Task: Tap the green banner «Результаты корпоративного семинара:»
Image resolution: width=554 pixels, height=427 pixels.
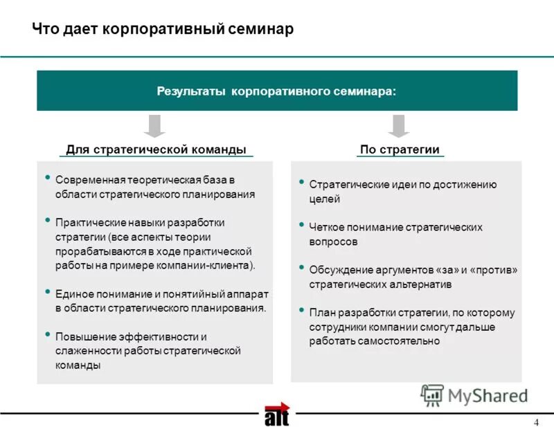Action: pyautogui.click(x=277, y=91)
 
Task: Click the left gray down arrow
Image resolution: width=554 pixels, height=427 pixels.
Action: pyautogui.click(x=156, y=125)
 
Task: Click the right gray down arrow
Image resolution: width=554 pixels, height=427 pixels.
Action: pyautogui.click(x=397, y=125)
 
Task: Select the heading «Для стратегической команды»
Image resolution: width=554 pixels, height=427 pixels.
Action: pyautogui.click(x=156, y=150)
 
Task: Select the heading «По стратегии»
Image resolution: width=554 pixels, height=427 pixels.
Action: pyautogui.click(x=400, y=150)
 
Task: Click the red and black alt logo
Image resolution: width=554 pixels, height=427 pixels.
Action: pyautogui.click(x=276, y=414)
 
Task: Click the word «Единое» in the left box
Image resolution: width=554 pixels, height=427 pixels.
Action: pyautogui.click(x=73, y=293)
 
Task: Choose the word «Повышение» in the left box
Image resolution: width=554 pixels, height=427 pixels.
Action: pyautogui.click(x=83, y=337)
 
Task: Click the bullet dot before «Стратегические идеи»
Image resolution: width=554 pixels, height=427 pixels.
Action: pyautogui.click(x=302, y=182)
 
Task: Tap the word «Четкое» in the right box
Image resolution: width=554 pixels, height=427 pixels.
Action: pyautogui.click(x=325, y=227)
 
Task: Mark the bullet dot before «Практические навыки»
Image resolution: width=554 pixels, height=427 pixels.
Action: pyautogui.click(x=48, y=220)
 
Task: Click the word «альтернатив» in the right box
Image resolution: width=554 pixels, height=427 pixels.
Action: pyautogui.click(x=422, y=284)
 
